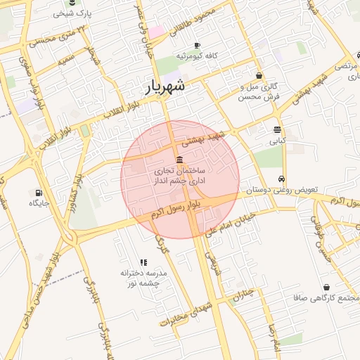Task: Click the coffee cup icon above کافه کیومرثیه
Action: click(197, 46)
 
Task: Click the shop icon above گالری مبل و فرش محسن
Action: click(259, 76)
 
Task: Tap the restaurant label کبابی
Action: click(278, 141)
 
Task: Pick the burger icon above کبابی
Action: click(278, 129)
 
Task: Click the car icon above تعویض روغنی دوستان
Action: click(281, 179)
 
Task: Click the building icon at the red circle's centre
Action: click(180, 159)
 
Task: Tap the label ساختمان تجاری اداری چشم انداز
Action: click(180, 176)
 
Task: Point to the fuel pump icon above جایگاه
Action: click(37, 193)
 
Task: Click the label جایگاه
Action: click(37, 203)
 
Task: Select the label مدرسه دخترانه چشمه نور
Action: click(141, 277)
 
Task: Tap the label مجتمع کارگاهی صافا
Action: click(327, 298)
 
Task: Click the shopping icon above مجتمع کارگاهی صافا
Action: click(327, 288)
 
